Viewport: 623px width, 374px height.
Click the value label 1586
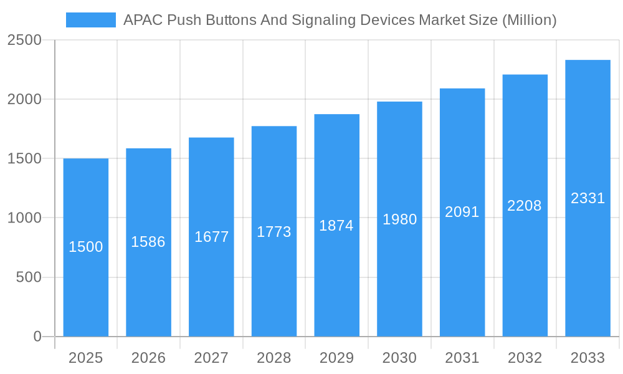pyautogui.click(x=148, y=242)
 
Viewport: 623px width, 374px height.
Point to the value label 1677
pyautogui.click(x=211, y=237)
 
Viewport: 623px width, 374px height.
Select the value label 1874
pyautogui.click(x=336, y=226)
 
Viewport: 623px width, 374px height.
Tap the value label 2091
pyautogui.click(x=462, y=212)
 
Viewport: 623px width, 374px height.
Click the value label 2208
pyautogui.click(x=525, y=206)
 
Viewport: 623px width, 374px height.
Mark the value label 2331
pyautogui.click(x=587, y=198)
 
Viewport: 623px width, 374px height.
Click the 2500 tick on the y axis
pyautogui.click(x=24, y=41)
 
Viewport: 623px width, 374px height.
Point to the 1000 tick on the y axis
pyautogui.click(x=24, y=218)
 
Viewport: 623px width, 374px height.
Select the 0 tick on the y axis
pyautogui.click(x=37, y=337)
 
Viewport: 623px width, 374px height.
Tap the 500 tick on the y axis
pyautogui.click(x=29, y=277)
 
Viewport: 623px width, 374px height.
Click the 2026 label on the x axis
pyautogui.click(x=148, y=358)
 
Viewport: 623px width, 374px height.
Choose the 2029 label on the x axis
pyautogui.click(x=336, y=358)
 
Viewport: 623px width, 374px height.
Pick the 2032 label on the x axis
pyautogui.click(x=525, y=358)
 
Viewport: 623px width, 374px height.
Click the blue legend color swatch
pyautogui.click(x=91, y=20)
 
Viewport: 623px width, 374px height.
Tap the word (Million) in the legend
pyautogui.click(x=529, y=20)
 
